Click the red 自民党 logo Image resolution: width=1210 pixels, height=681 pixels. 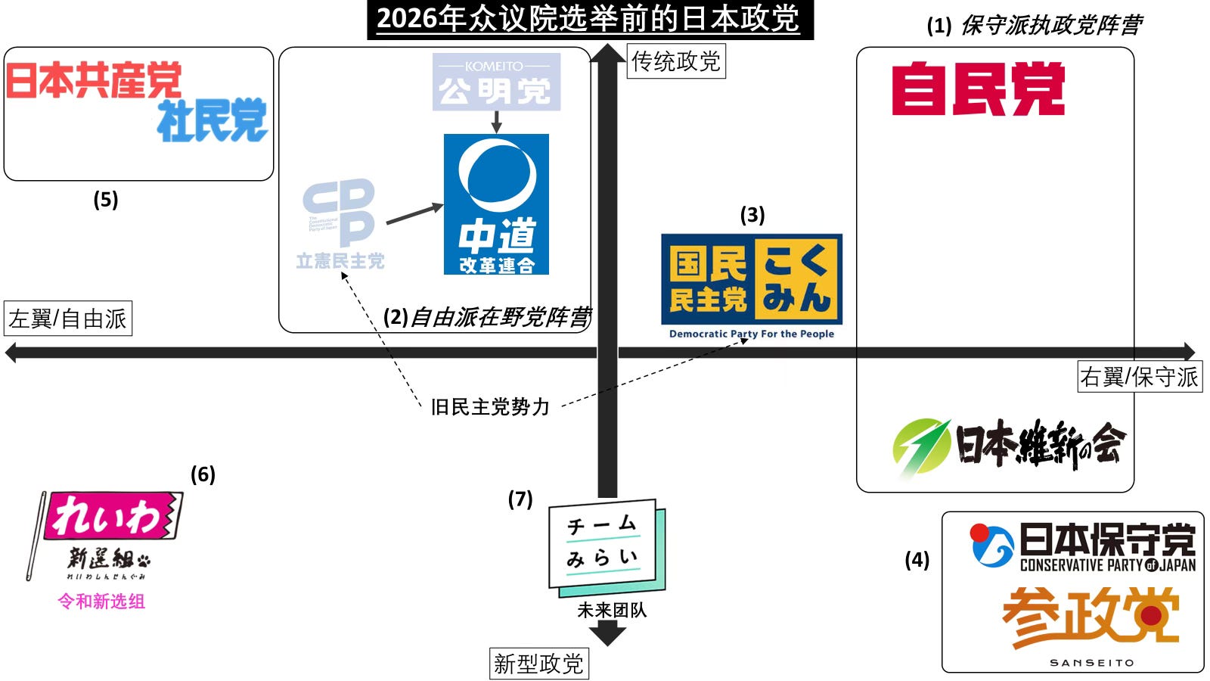(x=978, y=89)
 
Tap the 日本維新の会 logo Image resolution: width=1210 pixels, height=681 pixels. (x=1010, y=446)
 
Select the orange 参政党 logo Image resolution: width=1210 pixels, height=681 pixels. (x=1091, y=625)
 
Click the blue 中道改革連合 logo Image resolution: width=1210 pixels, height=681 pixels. (x=496, y=204)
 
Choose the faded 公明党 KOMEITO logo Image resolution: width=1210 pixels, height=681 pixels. (x=496, y=82)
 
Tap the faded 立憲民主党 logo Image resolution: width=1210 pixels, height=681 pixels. (x=340, y=224)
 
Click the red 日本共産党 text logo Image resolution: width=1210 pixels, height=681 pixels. (x=94, y=80)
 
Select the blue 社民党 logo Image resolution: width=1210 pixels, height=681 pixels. (x=213, y=120)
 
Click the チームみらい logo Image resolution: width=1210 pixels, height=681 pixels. (x=607, y=547)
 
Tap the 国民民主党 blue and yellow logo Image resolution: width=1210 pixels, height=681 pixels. (x=751, y=280)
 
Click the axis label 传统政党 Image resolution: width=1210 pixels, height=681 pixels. (x=676, y=61)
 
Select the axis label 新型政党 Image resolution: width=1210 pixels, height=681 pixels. (x=538, y=664)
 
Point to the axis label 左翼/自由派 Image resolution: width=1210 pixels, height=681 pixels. (x=68, y=319)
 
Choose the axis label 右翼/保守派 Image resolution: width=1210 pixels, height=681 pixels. (x=1139, y=376)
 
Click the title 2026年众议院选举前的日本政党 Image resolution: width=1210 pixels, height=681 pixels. (x=589, y=19)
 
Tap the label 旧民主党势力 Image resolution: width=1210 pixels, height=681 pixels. (x=490, y=407)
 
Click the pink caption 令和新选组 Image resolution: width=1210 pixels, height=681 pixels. (x=101, y=602)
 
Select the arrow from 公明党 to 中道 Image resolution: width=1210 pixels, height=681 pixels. (x=496, y=122)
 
